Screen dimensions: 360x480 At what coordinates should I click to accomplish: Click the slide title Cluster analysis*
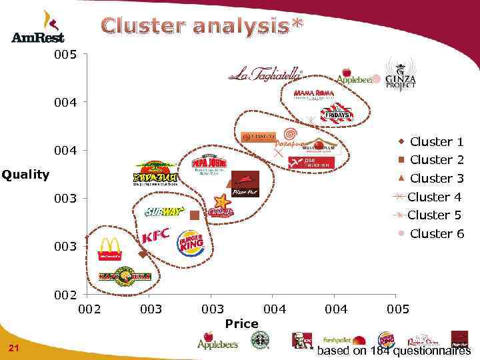click(x=203, y=27)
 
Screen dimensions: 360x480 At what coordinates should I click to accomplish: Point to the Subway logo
click(x=164, y=212)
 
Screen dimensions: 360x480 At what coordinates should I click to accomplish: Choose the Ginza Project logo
click(x=400, y=75)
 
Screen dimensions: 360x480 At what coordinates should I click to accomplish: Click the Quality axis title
click(x=25, y=175)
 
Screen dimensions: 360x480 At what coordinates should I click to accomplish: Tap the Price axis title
click(x=241, y=323)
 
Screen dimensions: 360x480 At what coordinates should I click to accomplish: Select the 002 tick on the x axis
click(x=89, y=309)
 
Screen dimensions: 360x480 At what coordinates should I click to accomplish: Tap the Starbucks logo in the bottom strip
click(x=259, y=341)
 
